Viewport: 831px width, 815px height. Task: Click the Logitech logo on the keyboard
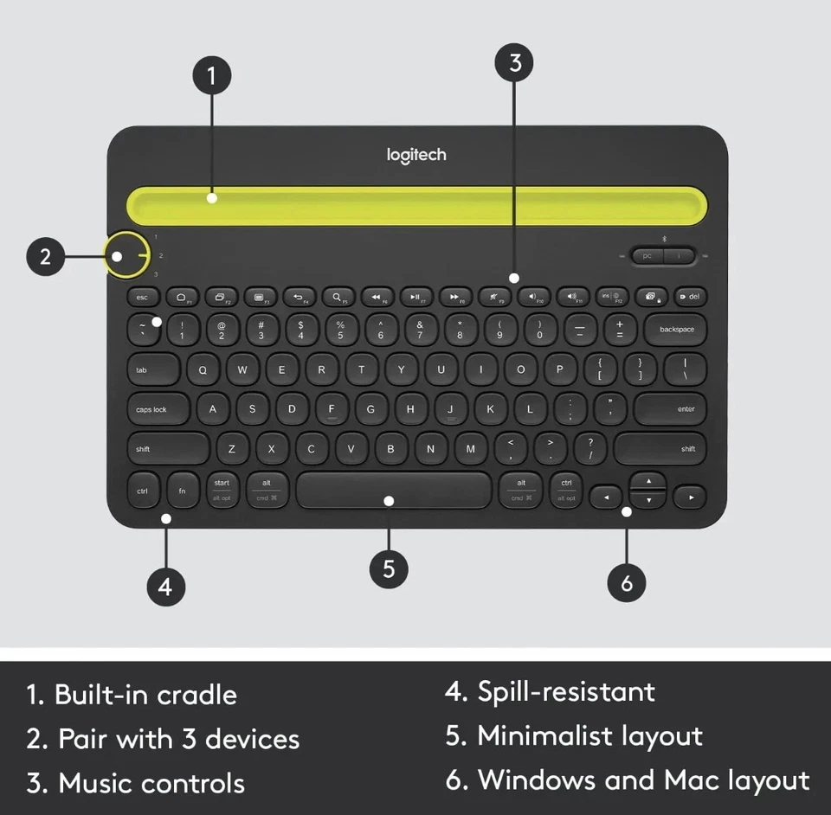(x=416, y=155)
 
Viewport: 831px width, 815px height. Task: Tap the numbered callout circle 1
(x=212, y=76)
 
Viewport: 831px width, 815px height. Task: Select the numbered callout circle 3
(x=515, y=62)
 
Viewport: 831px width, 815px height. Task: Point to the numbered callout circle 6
(x=627, y=583)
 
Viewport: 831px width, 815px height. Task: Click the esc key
(x=143, y=297)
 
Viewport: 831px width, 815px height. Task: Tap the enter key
(x=670, y=408)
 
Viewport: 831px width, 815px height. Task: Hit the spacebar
(x=394, y=491)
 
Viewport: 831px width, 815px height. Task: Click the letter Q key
(x=203, y=369)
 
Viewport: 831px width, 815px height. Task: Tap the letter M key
(x=471, y=448)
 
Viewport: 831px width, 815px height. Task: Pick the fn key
(x=182, y=491)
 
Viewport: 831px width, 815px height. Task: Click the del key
(x=689, y=297)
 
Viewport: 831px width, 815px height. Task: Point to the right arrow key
(x=691, y=497)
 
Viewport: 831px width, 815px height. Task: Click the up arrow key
(x=648, y=481)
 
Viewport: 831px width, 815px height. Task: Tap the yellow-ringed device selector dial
(x=128, y=255)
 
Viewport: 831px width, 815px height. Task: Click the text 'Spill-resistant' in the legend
(x=566, y=691)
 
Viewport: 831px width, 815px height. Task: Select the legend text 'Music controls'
(x=151, y=784)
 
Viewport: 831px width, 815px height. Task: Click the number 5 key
(x=340, y=330)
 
